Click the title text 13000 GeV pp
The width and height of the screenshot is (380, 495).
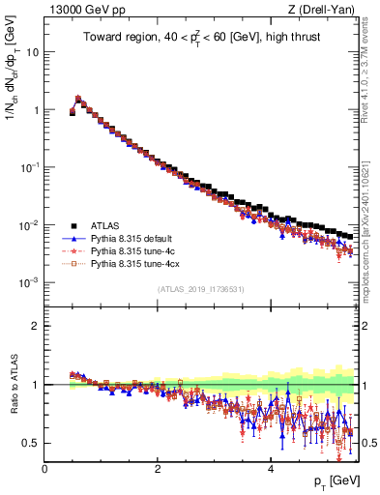(79, 11)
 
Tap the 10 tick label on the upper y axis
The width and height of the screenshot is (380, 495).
(32, 52)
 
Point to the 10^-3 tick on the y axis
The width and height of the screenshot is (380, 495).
(28, 282)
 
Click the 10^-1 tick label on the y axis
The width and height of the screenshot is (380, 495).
(28, 167)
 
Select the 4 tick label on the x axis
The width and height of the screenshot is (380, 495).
(270, 470)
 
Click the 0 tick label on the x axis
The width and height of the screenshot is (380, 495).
(44, 470)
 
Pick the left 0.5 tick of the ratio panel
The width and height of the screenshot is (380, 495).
(32, 443)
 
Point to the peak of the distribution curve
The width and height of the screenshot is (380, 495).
(78, 99)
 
